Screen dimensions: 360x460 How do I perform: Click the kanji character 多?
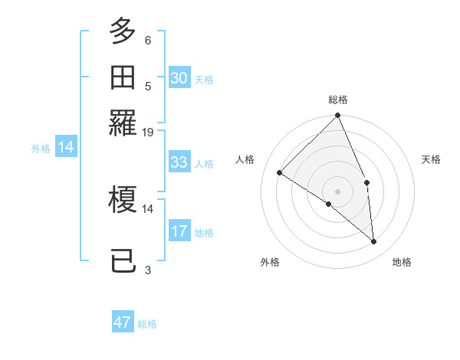[x=123, y=32]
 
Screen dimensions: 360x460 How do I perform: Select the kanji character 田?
[x=123, y=77]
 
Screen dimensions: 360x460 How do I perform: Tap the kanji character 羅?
[x=123, y=122]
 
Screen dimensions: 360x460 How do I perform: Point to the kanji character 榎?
[x=123, y=199]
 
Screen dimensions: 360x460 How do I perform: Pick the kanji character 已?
[x=123, y=260]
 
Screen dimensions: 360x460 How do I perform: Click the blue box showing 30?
[x=179, y=78]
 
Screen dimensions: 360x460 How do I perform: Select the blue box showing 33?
[x=179, y=162]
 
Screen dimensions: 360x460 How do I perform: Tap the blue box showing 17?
[x=179, y=231]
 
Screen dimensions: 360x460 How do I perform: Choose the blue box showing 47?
[x=123, y=322]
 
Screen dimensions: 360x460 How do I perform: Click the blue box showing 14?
[x=66, y=148]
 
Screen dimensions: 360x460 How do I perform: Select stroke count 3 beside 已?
[x=148, y=270]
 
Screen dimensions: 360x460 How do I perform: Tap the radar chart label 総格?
[x=338, y=100]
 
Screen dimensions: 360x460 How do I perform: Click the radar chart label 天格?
[x=431, y=159]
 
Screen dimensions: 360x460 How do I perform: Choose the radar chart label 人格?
[x=245, y=159]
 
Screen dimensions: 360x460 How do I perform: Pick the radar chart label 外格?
[x=269, y=262]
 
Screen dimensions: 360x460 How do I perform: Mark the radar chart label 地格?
[x=402, y=262]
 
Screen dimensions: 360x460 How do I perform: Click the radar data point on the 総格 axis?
[x=338, y=116]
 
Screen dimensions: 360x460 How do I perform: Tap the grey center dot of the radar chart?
[x=338, y=191]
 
